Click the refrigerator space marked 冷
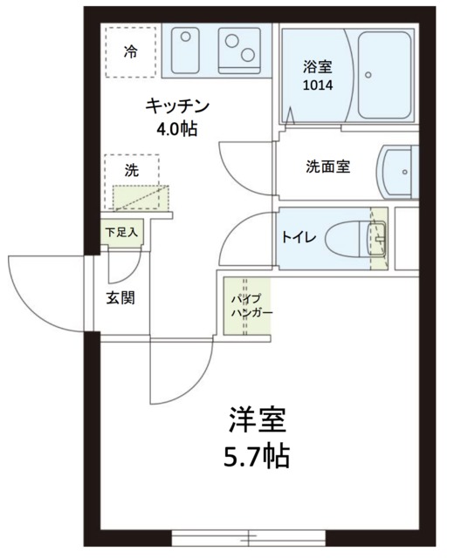click(130, 51)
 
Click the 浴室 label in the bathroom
click(315, 66)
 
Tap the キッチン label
click(175, 107)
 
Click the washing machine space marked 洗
click(131, 172)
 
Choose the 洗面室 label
click(327, 167)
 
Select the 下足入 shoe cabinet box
click(120, 233)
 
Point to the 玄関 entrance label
click(120, 297)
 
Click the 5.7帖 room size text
click(258, 455)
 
